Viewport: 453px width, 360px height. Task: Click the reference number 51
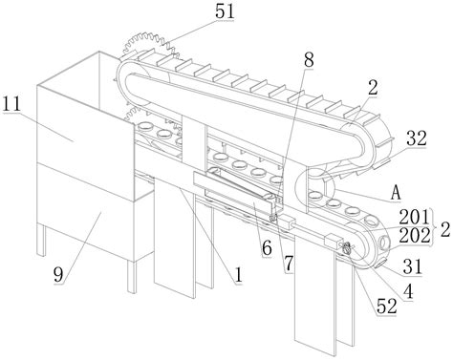click(x=225, y=11)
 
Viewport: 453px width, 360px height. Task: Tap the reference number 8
click(x=308, y=60)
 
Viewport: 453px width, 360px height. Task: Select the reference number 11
click(x=11, y=104)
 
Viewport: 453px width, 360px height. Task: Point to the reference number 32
click(x=416, y=138)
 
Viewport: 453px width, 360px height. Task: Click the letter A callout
click(x=396, y=193)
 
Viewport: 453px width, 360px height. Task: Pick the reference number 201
click(x=414, y=218)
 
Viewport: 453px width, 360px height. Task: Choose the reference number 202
click(x=415, y=236)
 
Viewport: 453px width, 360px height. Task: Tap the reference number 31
click(x=412, y=266)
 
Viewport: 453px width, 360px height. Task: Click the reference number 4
click(x=408, y=291)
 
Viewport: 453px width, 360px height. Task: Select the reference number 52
click(x=387, y=307)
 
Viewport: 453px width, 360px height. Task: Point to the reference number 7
click(x=289, y=264)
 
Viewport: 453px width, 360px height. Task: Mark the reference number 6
click(x=267, y=248)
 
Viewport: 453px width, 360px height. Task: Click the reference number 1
click(x=238, y=275)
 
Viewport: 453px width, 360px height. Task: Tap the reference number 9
click(x=58, y=275)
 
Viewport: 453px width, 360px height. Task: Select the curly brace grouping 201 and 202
click(x=435, y=227)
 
